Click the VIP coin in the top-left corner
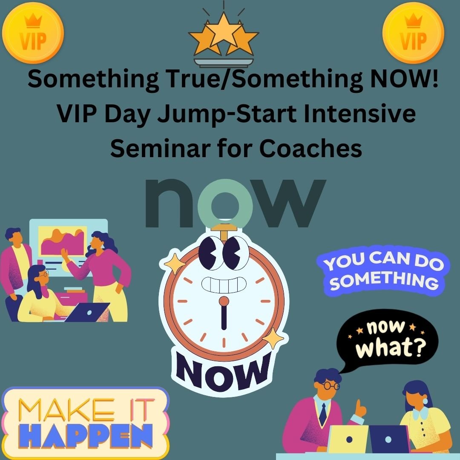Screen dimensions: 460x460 click(x=33, y=32)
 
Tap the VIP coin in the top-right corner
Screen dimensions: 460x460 click(x=413, y=32)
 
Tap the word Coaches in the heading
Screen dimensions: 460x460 click(x=310, y=148)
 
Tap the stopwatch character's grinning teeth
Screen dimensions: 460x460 click(x=224, y=285)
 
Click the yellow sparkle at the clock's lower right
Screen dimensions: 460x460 click(x=273, y=338)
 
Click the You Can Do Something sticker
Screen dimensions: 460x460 click(x=383, y=270)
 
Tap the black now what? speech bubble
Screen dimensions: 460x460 click(x=387, y=337)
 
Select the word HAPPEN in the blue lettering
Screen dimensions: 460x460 click(x=87, y=436)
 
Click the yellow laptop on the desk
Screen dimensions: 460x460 click(x=348, y=439)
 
